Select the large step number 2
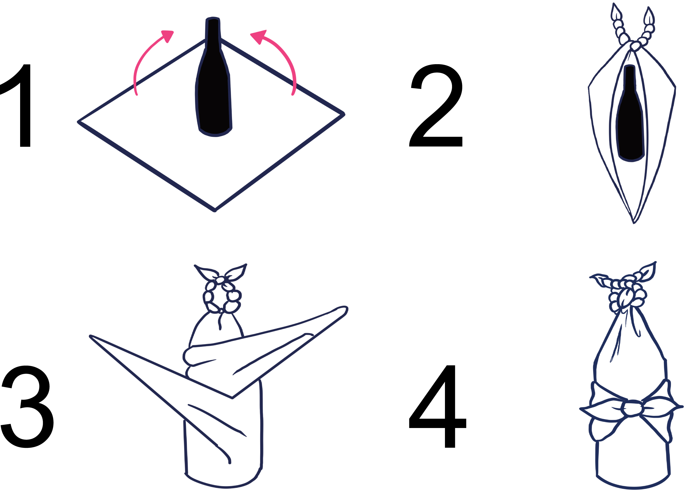tap(436, 105)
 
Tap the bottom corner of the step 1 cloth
tap(215, 210)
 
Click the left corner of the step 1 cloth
tap(78, 122)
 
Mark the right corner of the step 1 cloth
tap(344, 114)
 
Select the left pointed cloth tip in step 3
tap(91, 336)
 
